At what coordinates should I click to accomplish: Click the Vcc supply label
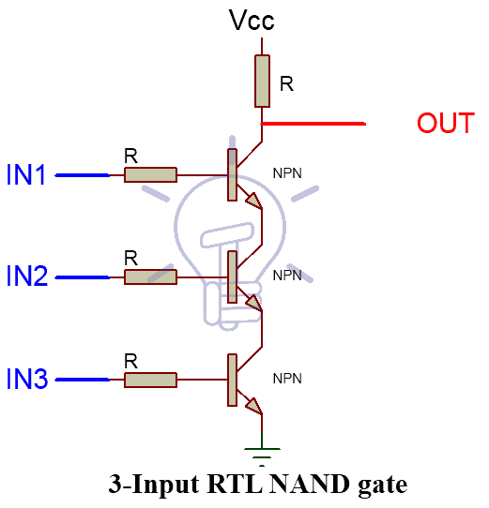(x=252, y=20)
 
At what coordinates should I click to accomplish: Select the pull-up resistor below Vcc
(x=262, y=81)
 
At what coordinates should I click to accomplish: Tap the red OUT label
(x=446, y=123)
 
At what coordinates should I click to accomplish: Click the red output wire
(x=313, y=124)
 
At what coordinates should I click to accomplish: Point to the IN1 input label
(x=26, y=174)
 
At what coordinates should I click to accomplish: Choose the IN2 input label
(x=27, y=276)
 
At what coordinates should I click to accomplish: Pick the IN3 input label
(x=27, y=378)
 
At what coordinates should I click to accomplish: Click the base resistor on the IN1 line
(x=150, y=175)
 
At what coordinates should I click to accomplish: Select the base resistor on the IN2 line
(x=150, y=277)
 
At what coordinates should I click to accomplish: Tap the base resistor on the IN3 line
(x=150, y=380)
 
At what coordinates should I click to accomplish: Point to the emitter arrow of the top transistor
(x=254, y=201)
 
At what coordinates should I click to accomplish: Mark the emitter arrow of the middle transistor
(x=254, y=303)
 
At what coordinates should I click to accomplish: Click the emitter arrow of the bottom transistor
(x=254, y=406)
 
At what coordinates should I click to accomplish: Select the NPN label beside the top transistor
(x=287, y=173)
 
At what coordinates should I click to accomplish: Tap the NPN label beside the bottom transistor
(x=287, y=379)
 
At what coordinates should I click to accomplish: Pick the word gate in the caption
(x=383, y=486)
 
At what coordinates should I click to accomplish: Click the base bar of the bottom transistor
(x=232, y=380)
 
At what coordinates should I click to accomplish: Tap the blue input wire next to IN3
(x=83, y=380)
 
